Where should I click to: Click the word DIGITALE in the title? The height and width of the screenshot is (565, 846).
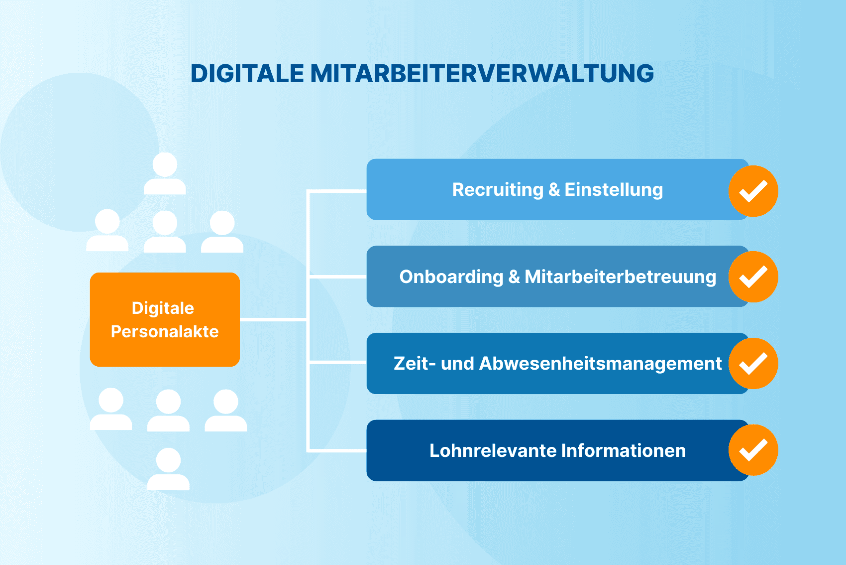[247, 74]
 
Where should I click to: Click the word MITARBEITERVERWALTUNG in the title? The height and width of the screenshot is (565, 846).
[482, 74]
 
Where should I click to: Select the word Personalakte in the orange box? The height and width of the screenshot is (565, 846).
[165, 331]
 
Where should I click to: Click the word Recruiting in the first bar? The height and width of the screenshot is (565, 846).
[498, 190]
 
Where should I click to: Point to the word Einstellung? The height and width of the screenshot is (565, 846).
[614, 190]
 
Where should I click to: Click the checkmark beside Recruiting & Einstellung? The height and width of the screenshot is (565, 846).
[753, 191]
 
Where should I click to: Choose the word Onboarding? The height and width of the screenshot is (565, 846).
[451, 277]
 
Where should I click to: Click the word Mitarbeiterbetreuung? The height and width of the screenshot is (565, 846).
[620, 277]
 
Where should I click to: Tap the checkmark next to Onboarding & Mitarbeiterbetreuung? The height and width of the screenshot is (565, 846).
[753, 277]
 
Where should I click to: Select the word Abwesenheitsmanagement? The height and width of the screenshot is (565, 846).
[600, 364]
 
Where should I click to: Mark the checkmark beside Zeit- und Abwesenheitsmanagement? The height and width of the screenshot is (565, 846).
[753, 364]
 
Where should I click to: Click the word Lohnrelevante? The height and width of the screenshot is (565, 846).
[493, 450]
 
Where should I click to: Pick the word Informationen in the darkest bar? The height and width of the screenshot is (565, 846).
[624, 450]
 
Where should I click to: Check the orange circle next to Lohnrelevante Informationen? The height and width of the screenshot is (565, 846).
[753, 450]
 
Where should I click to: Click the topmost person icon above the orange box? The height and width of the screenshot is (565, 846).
[165, 173]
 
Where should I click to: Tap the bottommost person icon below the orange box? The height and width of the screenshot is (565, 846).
[168, 469]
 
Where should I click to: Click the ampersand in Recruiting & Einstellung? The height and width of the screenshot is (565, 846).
[554, 190]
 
